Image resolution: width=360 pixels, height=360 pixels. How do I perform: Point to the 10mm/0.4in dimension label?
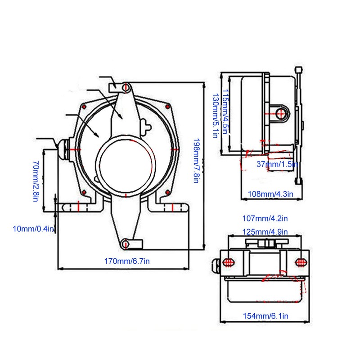pos(33,229)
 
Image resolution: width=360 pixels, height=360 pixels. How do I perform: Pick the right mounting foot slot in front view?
pos(173,207)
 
